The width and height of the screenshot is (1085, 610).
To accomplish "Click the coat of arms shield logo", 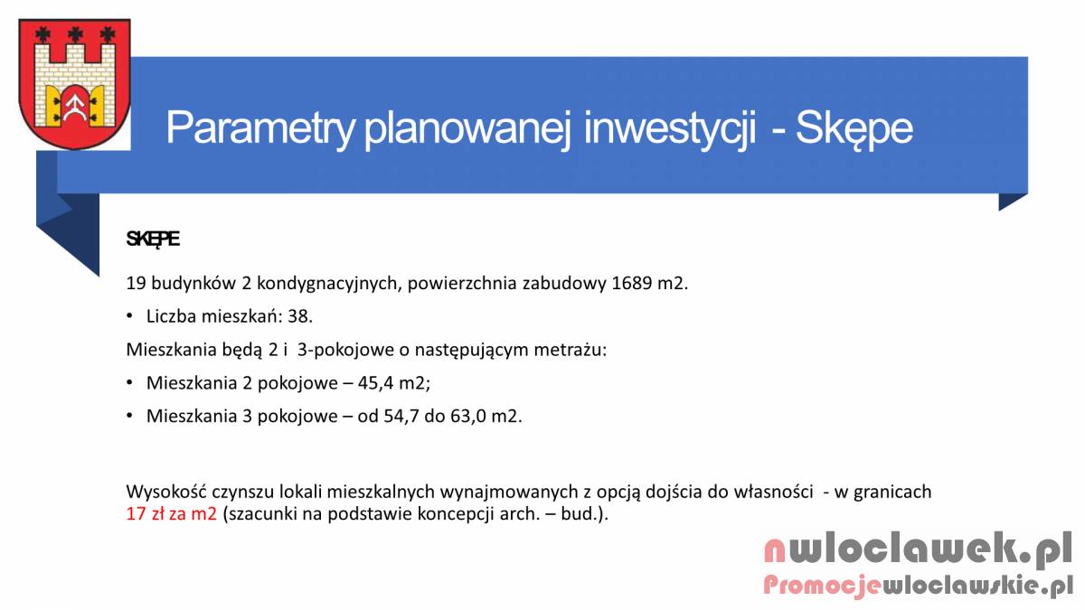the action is click(x=74, y=83).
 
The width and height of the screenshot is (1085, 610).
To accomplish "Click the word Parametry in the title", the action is click(x=260, y=128).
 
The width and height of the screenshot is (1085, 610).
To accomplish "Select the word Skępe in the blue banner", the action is click(x=854, y=128).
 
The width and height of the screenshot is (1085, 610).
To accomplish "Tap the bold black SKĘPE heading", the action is click(x=153, y=239).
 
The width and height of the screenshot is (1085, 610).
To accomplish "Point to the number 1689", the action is click(x=632, y=283).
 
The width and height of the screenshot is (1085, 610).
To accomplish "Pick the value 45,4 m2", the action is click(x=392, y=383).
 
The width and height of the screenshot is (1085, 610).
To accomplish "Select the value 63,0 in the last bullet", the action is click(x=467, y=417).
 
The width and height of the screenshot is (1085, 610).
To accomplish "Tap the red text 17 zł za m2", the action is click(x=172, y=513).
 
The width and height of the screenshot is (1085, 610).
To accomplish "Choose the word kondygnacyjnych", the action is click(x=329, y=284).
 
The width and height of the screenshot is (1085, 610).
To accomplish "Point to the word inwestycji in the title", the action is click(x=670, y=128).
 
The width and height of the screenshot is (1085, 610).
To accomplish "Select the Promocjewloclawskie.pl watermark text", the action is click(x=918, y=586).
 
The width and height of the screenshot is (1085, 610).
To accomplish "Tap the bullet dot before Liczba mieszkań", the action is click(x=129, y=316).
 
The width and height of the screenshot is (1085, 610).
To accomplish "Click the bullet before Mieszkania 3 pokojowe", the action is click(x=129, y=417).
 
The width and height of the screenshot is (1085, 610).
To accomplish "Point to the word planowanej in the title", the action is click(x=467, y=128).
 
